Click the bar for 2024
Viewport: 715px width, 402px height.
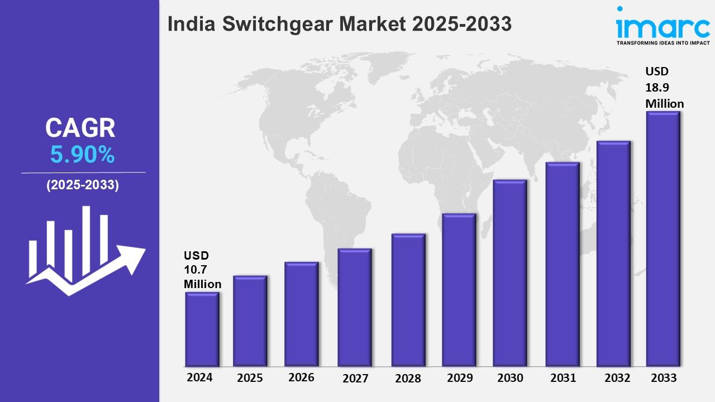click(x=202, y=329)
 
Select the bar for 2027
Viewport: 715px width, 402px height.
click(x=355, y=308)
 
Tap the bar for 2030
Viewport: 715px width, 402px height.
click(x=510, y=273)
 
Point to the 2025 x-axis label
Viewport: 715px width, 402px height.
click(x=250, y=378)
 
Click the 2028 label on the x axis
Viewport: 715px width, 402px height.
click(x=408, y=379)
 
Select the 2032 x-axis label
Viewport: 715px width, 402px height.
click(x=618, y=378)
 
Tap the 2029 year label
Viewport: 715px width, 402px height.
click(x=460, y=378)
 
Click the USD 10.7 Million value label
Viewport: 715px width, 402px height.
click(x=202, y=270)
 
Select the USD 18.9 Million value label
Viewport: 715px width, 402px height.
click(x=664, y=88)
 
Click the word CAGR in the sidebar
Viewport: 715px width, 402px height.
click(x=80, y=128)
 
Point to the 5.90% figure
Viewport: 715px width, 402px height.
click(x=83, y=155)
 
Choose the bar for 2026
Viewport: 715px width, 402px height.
click(x=301, y=314)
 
